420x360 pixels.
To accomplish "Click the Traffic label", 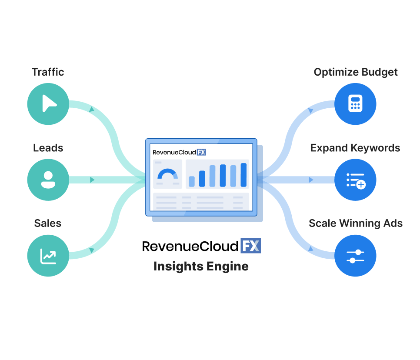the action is pyautogui.click(x=48, y=72).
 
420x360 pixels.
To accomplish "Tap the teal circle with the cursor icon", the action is pyautogui.click(x=48, y=104).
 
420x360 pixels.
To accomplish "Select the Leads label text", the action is pyautogui.click(x=48, y=148).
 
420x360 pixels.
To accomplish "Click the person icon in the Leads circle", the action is pyautogui.click(x=48, y=180).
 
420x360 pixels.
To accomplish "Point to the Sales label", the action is pyautogui.click(x=48, y=223).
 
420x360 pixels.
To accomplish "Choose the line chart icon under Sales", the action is pyautogui.click(x=48, y=257).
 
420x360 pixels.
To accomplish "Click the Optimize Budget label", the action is pyautogui.click(x=356, y=72).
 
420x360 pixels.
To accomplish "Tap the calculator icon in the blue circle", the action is pyautogui.click(x=355, y=103).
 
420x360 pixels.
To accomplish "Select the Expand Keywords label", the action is pyautogui.click(x=355, y=148).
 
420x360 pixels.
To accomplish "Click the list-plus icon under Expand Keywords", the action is pyautogui.click(x=356, y=181).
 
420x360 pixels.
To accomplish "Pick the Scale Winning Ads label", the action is pyautogui.click(x=356, y=223).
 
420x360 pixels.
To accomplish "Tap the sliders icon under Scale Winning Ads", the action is pyautogui.click(x=355, y=256).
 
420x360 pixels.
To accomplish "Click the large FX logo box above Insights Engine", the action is pyautogui.click(x=250, y=246).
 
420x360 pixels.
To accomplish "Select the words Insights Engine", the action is pyautogui.click(x=201, y=267).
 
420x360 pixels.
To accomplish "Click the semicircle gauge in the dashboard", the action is pyautogui.click(x=168, y=174).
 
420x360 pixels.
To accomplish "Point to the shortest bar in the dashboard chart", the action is pyautogui.click(x=192, y=181).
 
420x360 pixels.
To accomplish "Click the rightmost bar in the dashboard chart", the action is pyautogui.click(x=243, y=175).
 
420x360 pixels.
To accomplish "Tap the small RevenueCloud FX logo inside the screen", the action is pyautogui.click(x=179, y=153).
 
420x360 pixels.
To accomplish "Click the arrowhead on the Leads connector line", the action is pyautogui.click(x=93, y=180).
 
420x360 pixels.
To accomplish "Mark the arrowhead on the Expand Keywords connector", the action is pyautogui.click(x=311, y=180).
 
